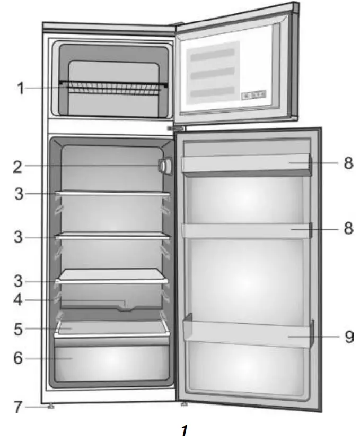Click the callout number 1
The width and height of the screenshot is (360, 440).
click(x=20, y=88)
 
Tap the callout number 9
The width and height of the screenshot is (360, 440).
click(x=348, y=337)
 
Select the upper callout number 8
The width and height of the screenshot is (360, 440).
click(x=348, y=162)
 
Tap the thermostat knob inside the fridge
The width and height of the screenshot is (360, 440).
click(x=164, y=167)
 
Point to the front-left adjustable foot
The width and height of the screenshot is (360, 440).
click(x=51, y=407)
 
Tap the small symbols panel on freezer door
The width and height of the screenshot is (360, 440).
click(x=255, y=96)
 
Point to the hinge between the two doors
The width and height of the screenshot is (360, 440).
click(x=175, y=128)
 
